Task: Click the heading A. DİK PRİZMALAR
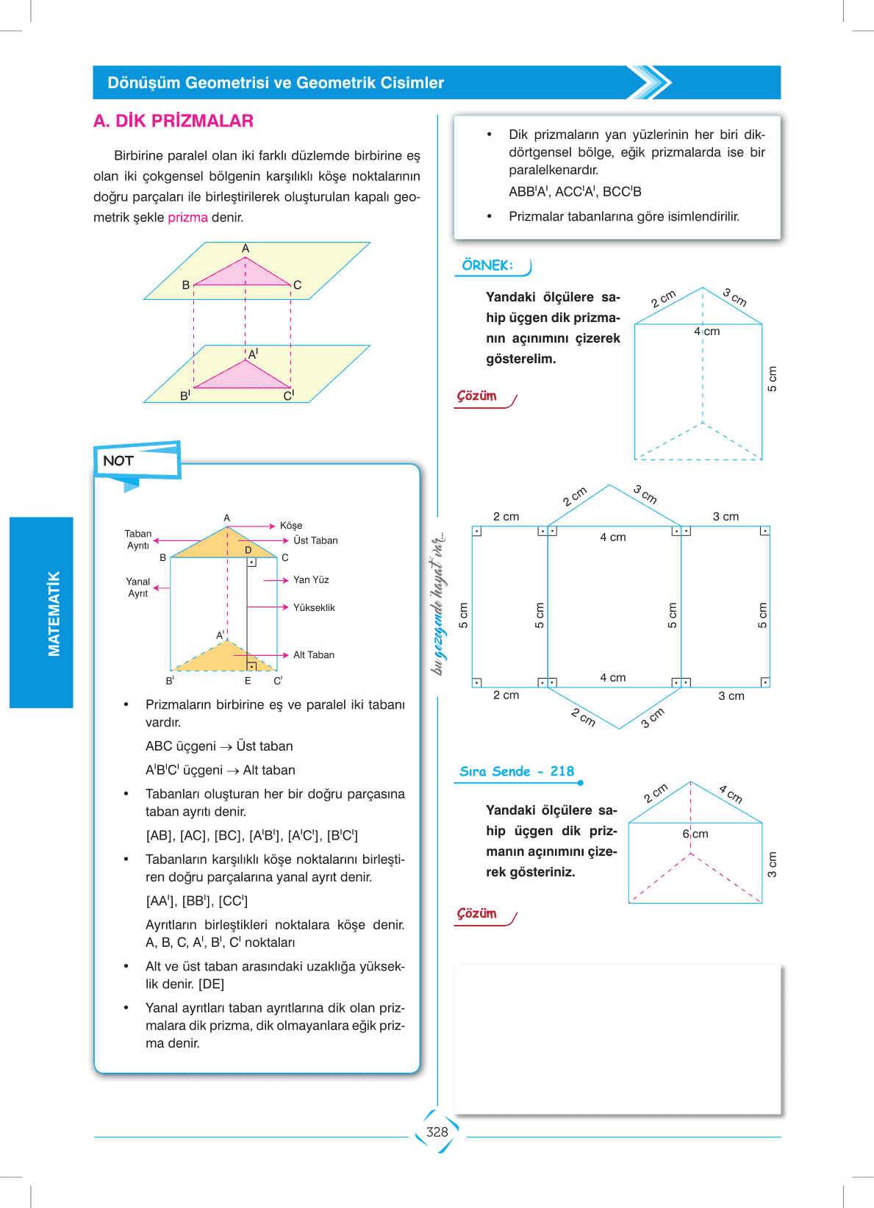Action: point(173,121)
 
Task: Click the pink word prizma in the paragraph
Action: point(187,218)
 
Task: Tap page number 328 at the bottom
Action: point(437,1132)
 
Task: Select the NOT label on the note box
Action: point(118,461)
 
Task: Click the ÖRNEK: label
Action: point(487,265)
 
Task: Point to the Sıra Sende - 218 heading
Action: point(517,771)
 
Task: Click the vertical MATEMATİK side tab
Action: point(54,613)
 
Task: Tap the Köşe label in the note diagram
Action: point(291,526)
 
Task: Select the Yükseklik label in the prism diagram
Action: point(314,607)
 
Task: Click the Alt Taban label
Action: point(314,655)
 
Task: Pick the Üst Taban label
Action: point(315,540)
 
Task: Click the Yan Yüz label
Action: point(311,580)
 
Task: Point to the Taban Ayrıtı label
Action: point(138,540)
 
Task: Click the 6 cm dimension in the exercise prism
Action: point(695,834)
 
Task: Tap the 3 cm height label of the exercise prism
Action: point(772,865)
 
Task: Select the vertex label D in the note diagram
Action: point(248,550)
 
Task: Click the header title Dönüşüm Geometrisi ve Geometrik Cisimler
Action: point(276,83)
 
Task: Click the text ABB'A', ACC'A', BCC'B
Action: point(575,192)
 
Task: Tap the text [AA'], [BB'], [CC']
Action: point(196,901)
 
